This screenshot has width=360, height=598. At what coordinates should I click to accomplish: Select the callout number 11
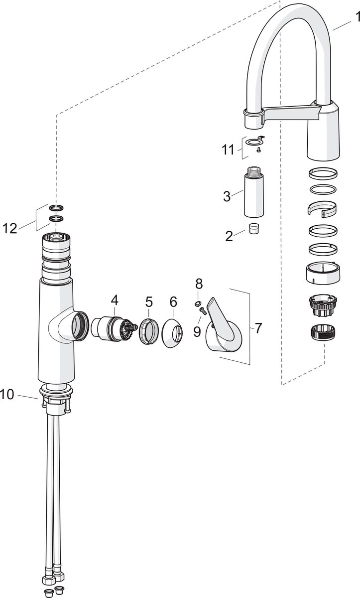point(228,149)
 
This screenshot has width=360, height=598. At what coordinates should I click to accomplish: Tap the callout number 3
point(227,196)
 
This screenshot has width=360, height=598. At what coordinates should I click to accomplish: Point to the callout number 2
point(229,236)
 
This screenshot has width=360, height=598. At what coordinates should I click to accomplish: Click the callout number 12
point(10,228)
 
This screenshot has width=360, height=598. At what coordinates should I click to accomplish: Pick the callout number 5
point(149,301)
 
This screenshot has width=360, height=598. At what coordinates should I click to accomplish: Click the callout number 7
point(258,328)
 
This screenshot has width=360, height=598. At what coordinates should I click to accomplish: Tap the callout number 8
point(199,284)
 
